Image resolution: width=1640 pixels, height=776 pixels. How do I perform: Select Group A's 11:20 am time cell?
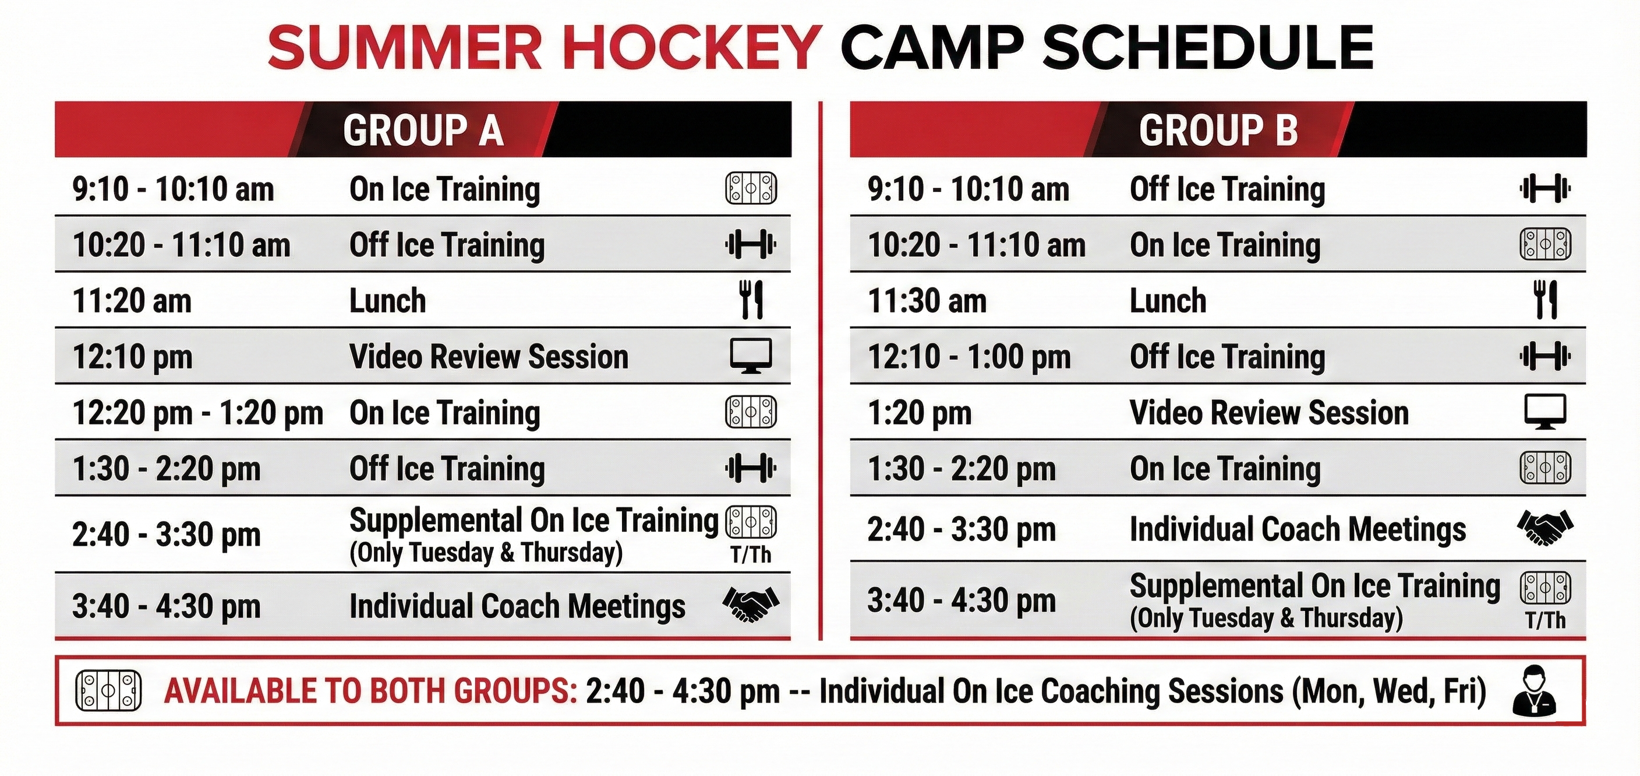tap(132, 301)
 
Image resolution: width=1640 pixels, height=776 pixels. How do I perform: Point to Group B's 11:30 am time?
tap(927, 301)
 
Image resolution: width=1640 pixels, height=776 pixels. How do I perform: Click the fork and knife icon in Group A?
tap(751, 300)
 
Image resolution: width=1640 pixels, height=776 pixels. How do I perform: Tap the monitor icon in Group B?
tap(1545, 412)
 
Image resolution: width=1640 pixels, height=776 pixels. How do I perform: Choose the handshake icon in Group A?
tap(751, 604)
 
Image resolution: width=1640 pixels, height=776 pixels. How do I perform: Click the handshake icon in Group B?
tap(1545, 528)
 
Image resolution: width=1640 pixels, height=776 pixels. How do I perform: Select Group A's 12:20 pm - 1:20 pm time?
tap(198, 413)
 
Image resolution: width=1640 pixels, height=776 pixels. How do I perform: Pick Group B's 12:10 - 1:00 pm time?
tap(969, 357)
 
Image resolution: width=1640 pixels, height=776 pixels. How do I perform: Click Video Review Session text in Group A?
tap(489, 357)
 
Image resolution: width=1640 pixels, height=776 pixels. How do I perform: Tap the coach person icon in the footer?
tap(1535, 691)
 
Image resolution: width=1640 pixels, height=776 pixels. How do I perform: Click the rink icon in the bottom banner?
tap(108, 690)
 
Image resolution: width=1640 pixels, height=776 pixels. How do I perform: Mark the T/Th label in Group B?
tap(1545, 620)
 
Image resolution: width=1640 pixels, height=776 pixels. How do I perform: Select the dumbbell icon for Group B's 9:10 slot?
tap(1545, 188)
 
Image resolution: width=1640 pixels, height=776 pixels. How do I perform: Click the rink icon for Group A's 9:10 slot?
tap(751, 188)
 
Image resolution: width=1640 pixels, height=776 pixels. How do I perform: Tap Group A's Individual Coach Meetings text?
tap(518, 606)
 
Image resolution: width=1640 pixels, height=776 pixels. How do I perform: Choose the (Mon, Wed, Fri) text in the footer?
tap(1389, 691)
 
